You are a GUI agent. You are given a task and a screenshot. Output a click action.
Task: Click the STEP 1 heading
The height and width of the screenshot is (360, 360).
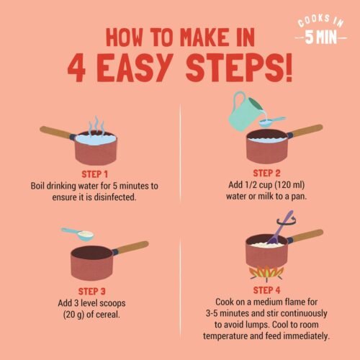coord(94,174)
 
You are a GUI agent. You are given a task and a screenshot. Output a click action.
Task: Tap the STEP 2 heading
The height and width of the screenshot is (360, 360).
coord(266,173)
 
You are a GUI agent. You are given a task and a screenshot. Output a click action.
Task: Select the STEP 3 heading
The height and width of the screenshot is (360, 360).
coord(92,292)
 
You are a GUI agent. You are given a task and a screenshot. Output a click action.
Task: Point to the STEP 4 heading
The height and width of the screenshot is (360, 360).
coord(266,290)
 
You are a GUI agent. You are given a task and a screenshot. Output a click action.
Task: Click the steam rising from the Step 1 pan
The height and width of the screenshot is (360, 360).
coord(96,126)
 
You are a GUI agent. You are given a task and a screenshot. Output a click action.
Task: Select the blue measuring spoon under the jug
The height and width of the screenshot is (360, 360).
coord(271,122)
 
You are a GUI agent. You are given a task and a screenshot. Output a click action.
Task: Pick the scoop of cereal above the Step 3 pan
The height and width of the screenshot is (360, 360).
coord(78,234)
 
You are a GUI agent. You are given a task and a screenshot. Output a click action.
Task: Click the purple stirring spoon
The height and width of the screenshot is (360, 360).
coord(280,228)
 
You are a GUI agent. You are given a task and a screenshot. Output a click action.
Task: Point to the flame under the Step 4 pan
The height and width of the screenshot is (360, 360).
coord(266,273)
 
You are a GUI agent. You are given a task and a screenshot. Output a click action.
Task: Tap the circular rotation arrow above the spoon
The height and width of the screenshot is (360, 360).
coord(286,222)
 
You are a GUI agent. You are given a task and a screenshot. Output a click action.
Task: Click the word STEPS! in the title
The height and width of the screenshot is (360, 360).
coord(239,68)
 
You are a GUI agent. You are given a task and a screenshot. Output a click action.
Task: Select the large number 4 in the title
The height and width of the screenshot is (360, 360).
coord(76,68)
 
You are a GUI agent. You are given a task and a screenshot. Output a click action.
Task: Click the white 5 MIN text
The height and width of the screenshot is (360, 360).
coord(321,37)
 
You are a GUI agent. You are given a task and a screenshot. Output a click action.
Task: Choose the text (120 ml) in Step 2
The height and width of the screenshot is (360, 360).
coord(289,185)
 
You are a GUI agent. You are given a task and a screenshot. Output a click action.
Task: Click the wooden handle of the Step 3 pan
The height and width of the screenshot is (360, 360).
coord(131,248)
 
